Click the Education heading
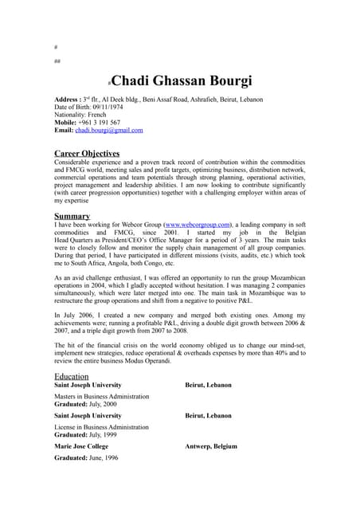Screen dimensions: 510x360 pyautogui.click(x=71, y=375)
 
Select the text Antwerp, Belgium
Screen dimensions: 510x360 pyautogui.click(x=210, y=447)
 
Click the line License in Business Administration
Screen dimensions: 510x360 pyautogui.click(x=100, y=427)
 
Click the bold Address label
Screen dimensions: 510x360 pyautogui.click(x=68, y=100)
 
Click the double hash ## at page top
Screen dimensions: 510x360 pyautogui.click(x=57, y=60)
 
